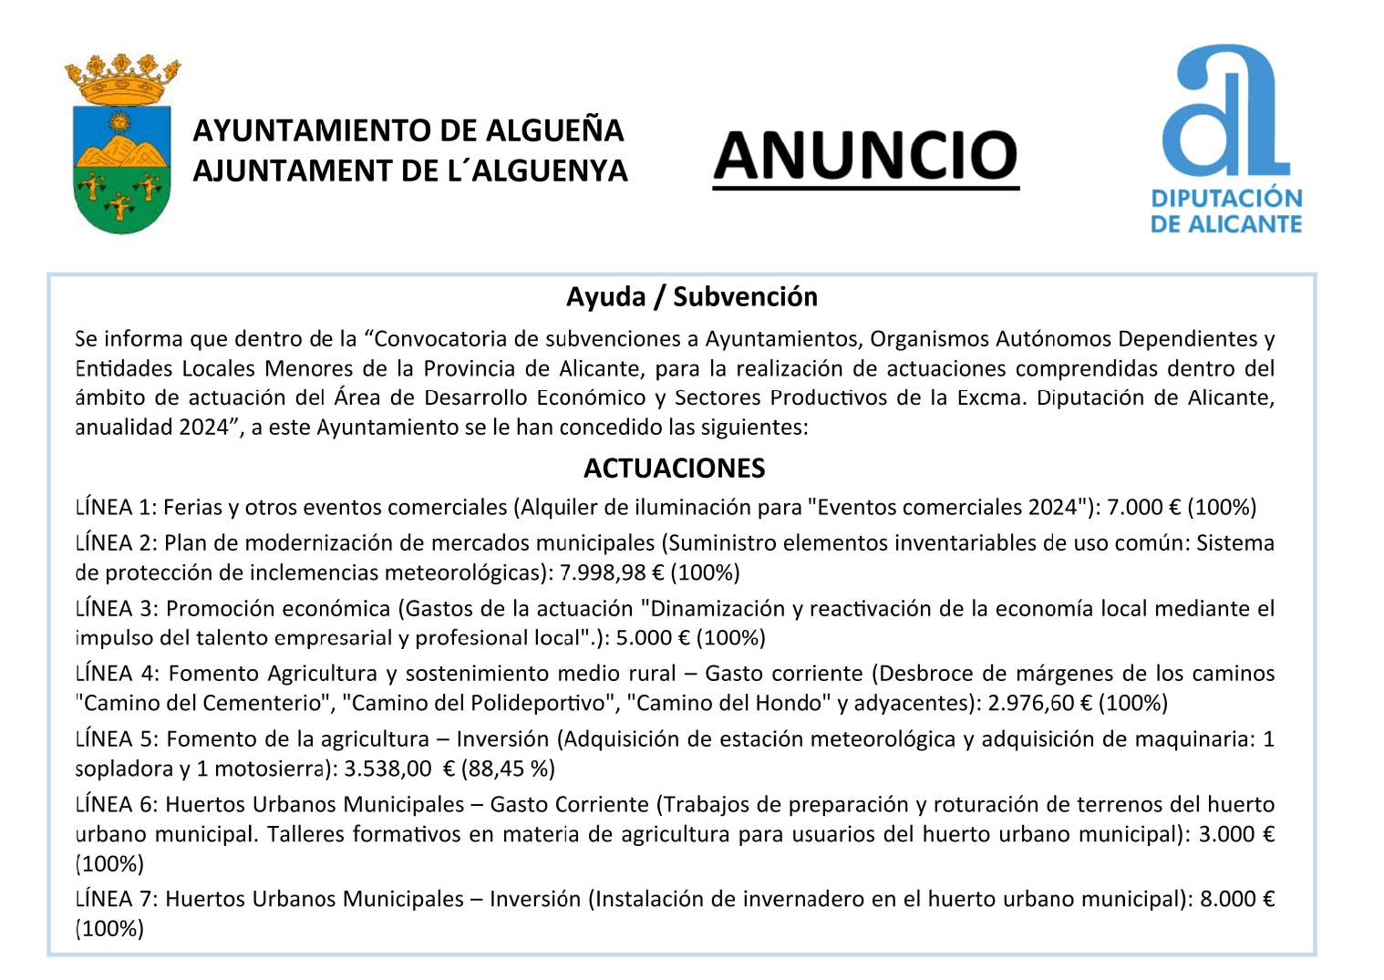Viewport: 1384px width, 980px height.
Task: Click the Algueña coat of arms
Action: point(121,146)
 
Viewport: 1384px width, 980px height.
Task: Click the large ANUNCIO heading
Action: point(865,156)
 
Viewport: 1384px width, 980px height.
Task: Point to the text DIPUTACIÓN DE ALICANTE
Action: point(1225,211)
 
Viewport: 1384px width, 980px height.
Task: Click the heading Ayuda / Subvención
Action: point(691,296)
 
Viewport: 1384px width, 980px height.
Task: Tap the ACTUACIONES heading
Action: point(674,468)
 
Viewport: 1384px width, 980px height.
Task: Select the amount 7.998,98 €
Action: point(611,573)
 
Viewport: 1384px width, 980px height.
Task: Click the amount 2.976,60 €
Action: point(1039,703)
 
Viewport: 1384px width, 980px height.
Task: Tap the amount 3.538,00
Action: point(387,769)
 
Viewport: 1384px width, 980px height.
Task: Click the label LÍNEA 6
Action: point(116,804)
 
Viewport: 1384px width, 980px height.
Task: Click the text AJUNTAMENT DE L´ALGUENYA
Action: point(410,170)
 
